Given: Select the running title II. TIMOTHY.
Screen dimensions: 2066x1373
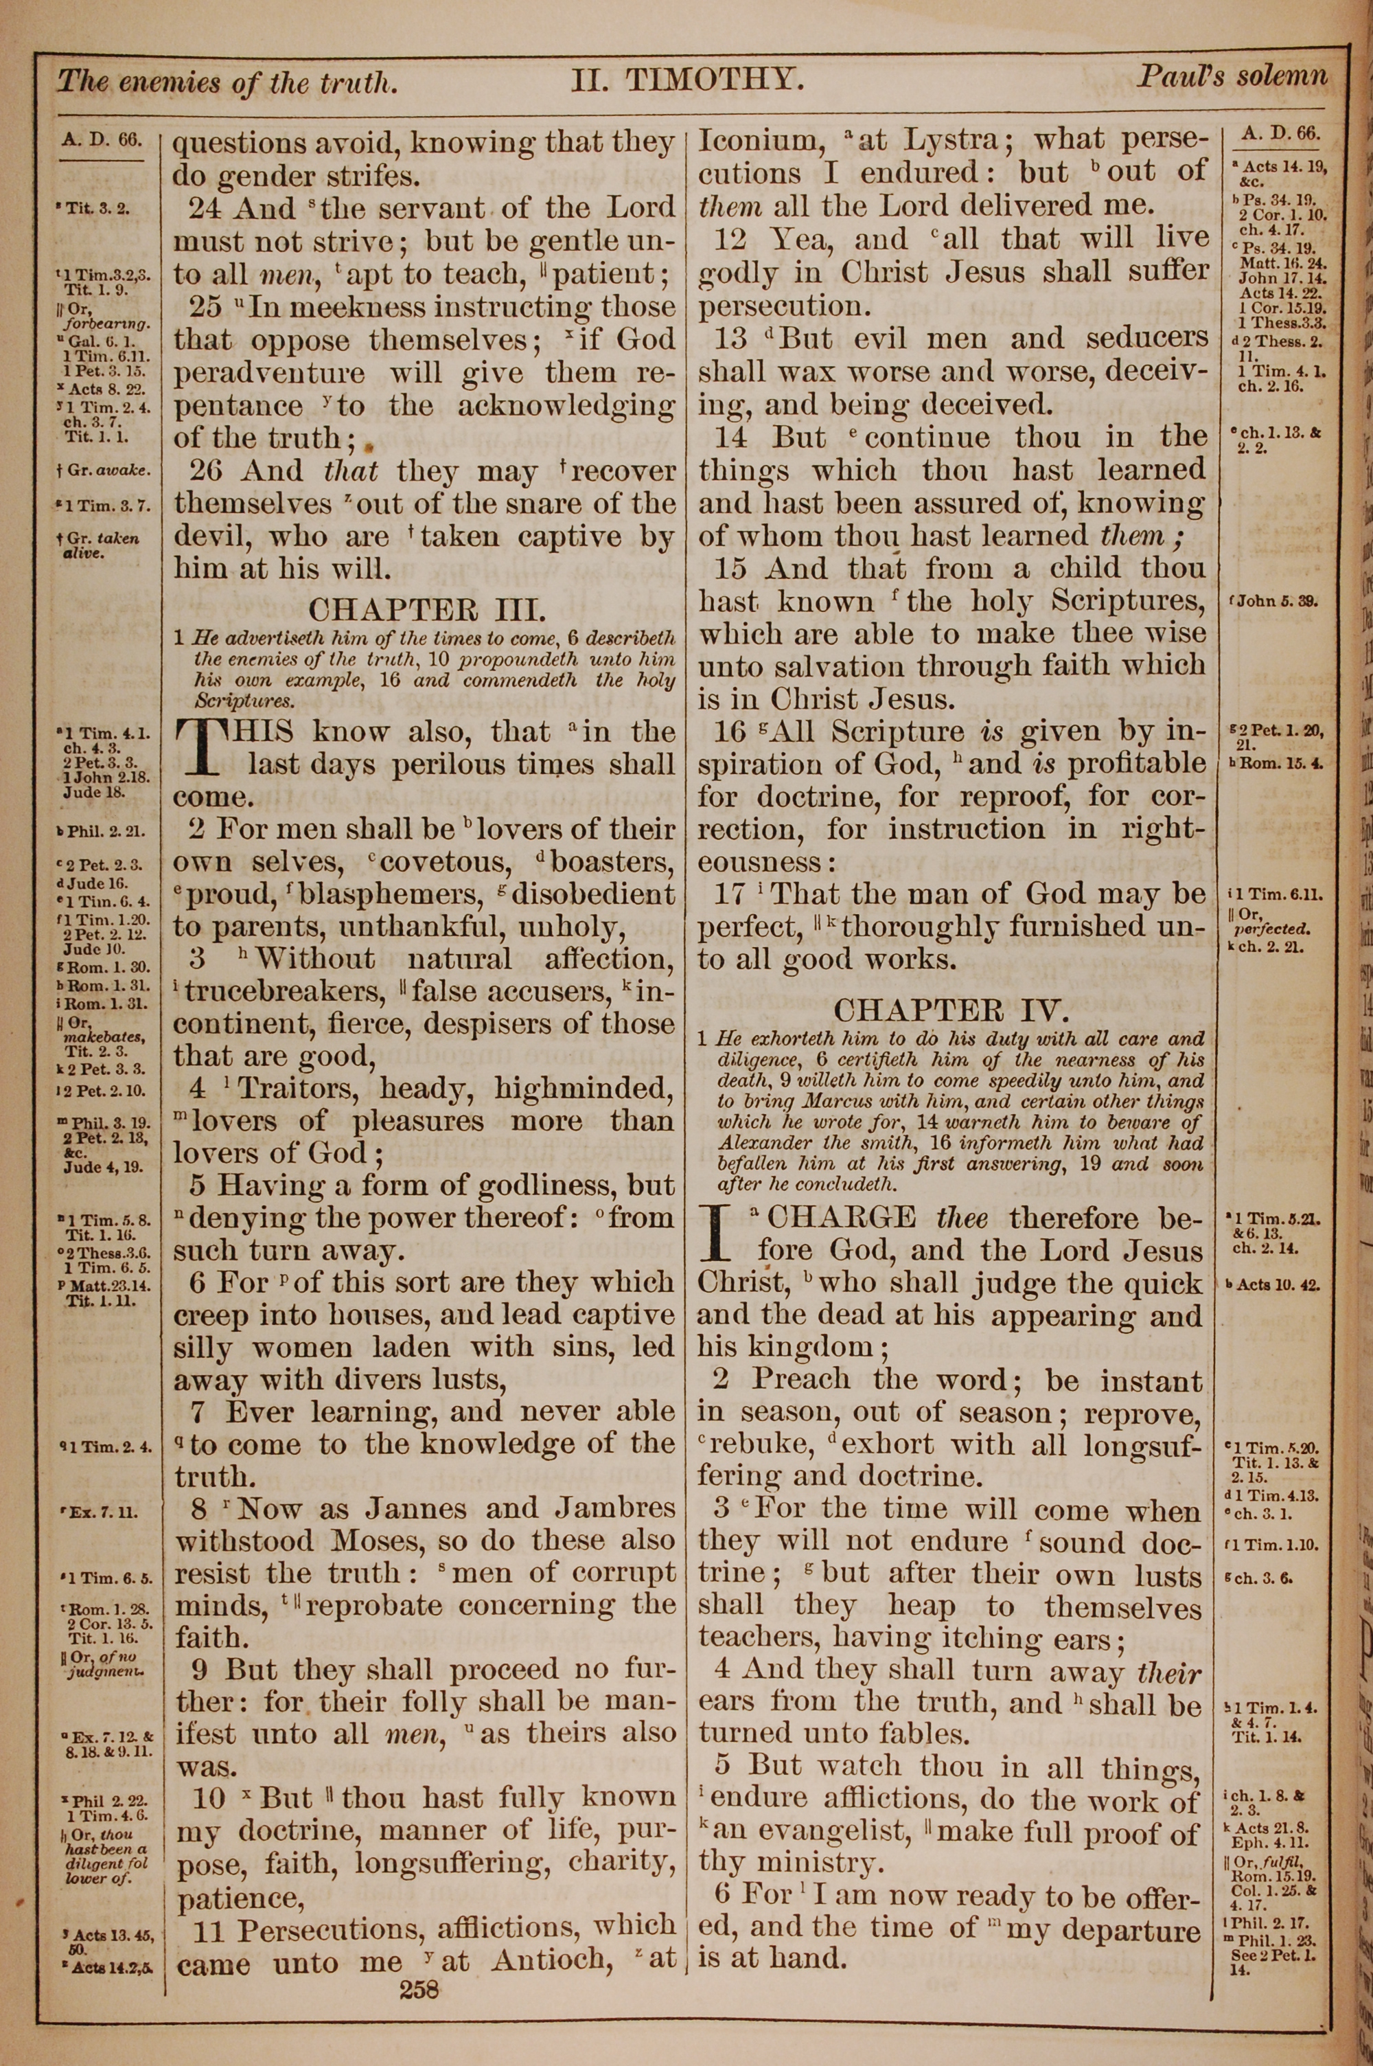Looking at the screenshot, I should tap(687, 82).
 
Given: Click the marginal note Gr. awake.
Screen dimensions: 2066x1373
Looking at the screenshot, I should tap(109, 470).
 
